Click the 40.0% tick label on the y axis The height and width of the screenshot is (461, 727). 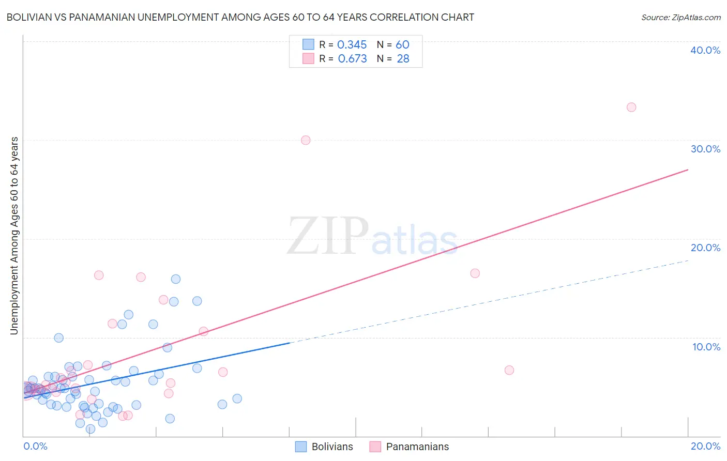[x=705, y=50]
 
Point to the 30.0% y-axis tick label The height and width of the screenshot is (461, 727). [x=705, y=149]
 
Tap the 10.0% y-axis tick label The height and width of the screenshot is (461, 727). [x=706, y=347]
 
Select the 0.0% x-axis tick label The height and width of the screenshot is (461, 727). [x=35, y=446]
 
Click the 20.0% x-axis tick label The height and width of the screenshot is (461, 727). [x=705, y=446]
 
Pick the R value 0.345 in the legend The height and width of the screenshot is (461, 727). [x=352, y=45]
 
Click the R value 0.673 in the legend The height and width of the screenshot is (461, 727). [x=352, y=59]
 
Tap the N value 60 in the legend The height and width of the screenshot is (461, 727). [x=402, y=45]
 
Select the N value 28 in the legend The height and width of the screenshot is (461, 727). [x=403, y=59]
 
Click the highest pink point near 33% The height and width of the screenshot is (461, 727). [x=631, y=107]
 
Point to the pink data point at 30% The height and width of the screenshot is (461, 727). [x=306, y=140]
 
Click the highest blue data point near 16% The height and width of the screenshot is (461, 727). [x=176, y=279]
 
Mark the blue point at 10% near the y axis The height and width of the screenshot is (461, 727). [x=59, y=338]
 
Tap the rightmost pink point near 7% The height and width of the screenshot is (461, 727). [x=509, y=370]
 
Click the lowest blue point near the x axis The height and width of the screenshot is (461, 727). [x=90, y=429]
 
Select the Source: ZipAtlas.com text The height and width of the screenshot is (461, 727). [x=680, y=17]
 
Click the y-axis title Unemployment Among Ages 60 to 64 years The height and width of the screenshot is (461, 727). [x=14, y=236]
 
